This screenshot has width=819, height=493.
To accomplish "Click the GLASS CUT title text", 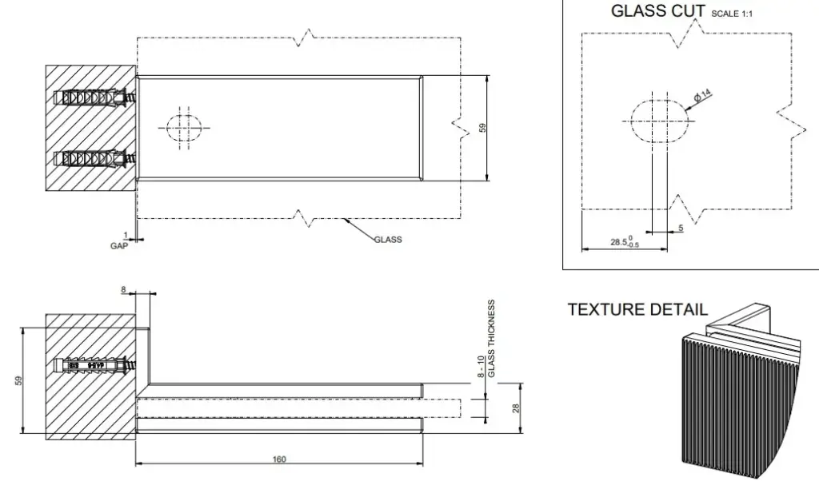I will [657, 11].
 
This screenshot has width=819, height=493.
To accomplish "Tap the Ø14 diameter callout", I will [702, 97].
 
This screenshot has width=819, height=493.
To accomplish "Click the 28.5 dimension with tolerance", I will [625, 241].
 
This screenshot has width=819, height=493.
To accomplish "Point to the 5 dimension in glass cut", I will [681, 229].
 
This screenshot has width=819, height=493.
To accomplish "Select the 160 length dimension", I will [279, 459].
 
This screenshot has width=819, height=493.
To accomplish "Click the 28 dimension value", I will [517, 408].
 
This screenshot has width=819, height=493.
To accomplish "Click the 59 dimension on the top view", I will [482, 128].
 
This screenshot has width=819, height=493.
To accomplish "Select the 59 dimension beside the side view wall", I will [18, 380].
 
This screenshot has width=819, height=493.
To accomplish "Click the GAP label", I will [118, 246].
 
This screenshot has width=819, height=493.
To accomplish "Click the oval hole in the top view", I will [185, 127].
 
